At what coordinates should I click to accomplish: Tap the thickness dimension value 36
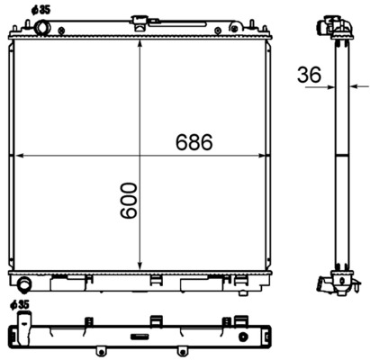[x=309, y=76]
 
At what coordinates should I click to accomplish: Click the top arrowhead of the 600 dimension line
[x=139, y=40]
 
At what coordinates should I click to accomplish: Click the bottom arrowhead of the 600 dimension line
[x=139, y=266]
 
